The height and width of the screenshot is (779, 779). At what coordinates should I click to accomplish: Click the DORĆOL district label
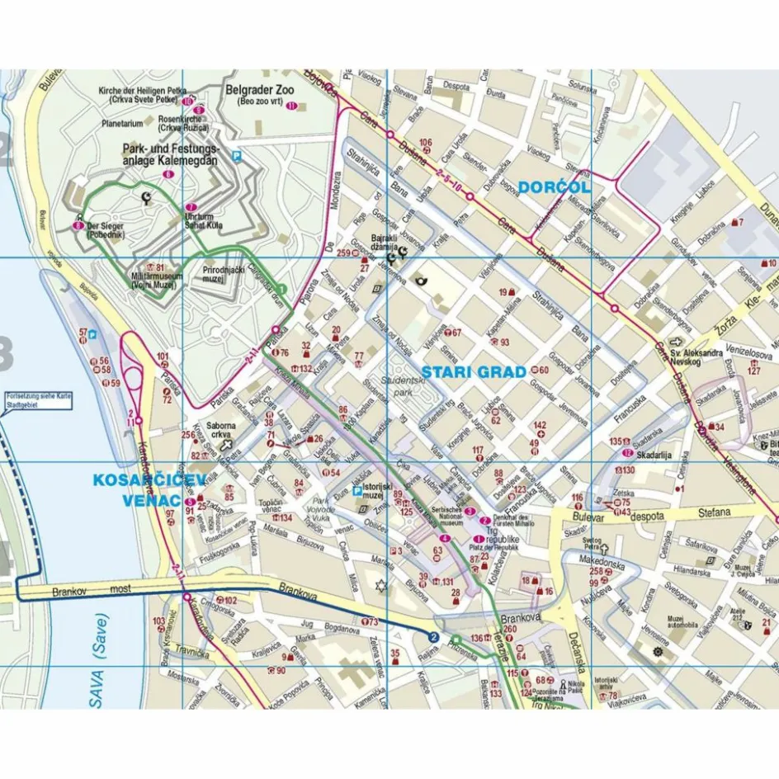pyautogui.click(x=555, y=187)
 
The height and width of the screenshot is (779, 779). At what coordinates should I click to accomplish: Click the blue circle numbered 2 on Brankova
pyautogui.click(x=433, y=636)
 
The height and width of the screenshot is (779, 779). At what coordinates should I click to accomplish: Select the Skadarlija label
pyautogui.click(x=650, y=453)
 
